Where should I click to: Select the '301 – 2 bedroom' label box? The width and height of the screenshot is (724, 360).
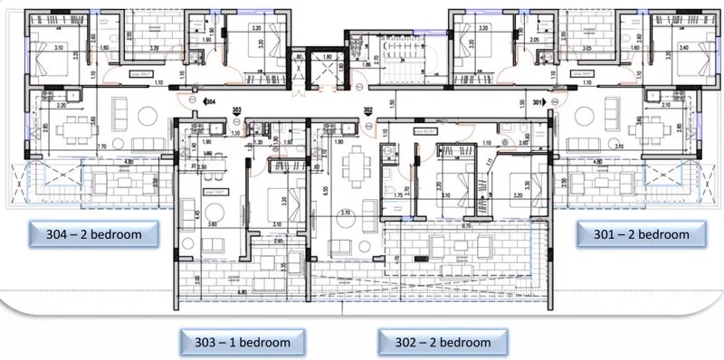tap(641, 234)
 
